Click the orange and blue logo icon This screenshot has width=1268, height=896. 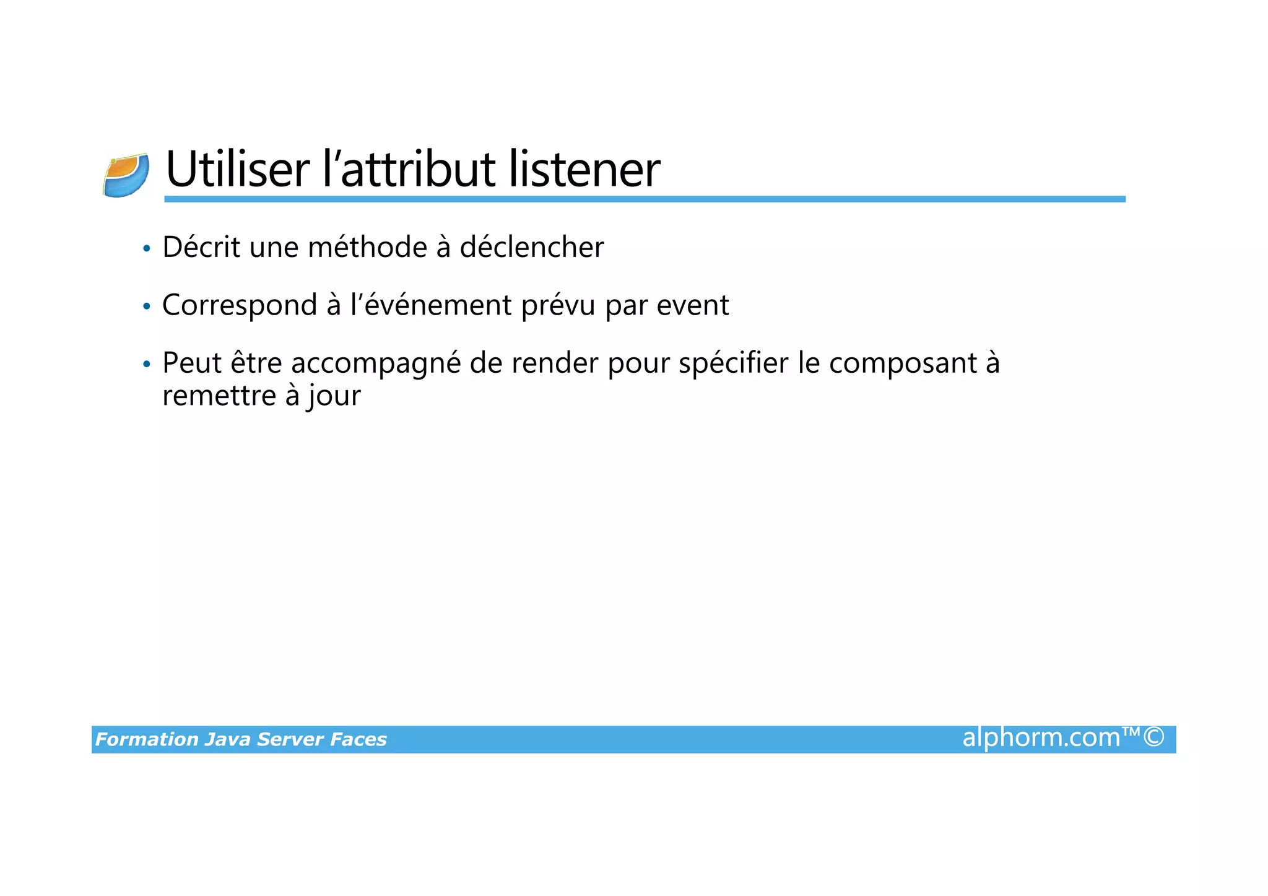coord(126,176)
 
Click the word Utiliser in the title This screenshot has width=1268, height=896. coord(238,169)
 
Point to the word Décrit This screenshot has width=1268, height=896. coord(201,247)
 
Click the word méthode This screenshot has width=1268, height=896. coord(367,247)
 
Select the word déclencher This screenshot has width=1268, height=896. coord(531,247)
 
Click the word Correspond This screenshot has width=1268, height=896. coord(240,305)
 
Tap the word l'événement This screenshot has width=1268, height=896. coord(431,305)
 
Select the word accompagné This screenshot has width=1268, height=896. coord(376,363)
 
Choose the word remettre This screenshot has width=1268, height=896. coord(219,396)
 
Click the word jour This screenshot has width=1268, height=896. coord(334,396)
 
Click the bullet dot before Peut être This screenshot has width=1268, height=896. coord(146,364)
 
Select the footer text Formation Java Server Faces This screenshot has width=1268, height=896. coord(241,739)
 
